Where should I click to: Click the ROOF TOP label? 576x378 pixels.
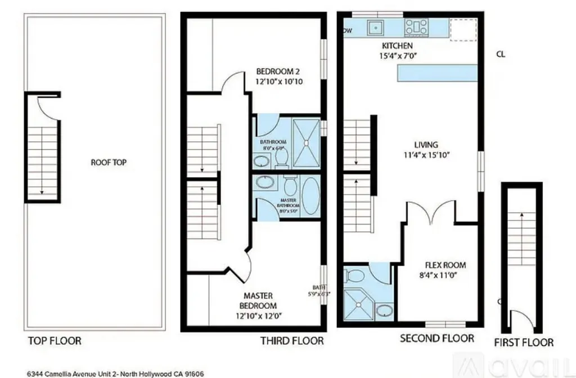(x=108, y=163)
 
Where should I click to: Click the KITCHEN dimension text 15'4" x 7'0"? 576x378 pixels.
(x=398, y=55)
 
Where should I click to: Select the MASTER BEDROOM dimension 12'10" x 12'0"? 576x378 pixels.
(x=258, y=316)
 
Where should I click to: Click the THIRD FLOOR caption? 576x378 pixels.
(x=292, y=341)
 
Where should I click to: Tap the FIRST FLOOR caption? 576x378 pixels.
(x=523, y=342)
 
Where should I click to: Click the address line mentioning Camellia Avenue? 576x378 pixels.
(x=115, y=373)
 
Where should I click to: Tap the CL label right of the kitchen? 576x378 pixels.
(x=501, y=55)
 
